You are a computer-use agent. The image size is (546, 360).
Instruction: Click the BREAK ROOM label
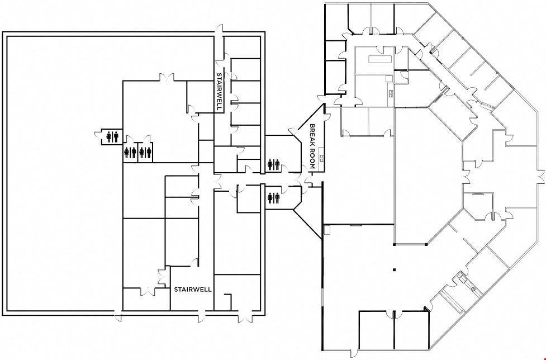[x=312, y=146]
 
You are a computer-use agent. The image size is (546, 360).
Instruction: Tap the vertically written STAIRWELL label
[x=220, y=92]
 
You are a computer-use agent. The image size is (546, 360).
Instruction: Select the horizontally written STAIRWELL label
[x=193, y=290]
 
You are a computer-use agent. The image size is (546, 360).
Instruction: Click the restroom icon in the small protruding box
[x=112, y=136]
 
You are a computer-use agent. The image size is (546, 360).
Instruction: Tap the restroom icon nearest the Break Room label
[x=274, y=165]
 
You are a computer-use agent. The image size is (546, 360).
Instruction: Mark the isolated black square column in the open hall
[x=394, y=269]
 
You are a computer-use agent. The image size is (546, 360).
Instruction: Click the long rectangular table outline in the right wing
[x=380, y=59]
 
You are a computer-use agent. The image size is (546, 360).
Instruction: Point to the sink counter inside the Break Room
[x=322, y=158]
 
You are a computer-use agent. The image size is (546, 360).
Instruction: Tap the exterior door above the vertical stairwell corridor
[x=219, y=31]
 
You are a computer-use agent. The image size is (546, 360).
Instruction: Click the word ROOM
[x=312, y=160]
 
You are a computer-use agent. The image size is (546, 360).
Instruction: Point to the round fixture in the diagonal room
[x=473, y=289]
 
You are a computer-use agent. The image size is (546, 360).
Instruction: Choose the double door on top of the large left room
[x=167, y=78]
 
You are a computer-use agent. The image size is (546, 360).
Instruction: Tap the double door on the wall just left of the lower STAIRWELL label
[x=162, y=277]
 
